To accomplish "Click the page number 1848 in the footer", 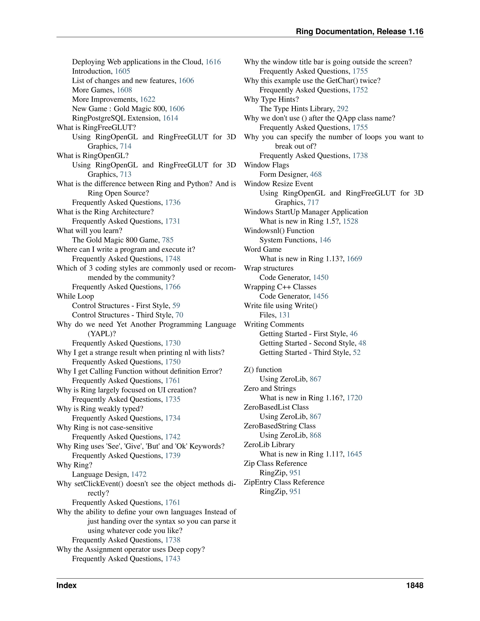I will [415, 585].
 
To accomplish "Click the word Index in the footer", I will [67, 585].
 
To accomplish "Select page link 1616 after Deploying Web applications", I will [213, 62].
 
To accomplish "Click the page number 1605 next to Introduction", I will [122, 71].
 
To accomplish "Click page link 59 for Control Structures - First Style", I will [176, 306].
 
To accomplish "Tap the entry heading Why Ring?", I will [74, 465].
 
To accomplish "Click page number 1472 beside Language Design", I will [139, 475].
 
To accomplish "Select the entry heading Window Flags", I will [266, 165].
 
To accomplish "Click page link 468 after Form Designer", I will [316, 175].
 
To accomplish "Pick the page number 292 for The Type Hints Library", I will [342, 109].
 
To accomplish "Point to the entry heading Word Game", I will [262, 249].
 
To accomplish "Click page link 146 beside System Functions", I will [325, 240].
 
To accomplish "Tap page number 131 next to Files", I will [284, 315].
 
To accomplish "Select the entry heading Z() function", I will [262, 370].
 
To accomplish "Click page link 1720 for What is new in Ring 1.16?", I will [354, 398].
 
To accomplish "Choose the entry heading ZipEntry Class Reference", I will [284, 482].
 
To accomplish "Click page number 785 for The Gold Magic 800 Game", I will [168, 240].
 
